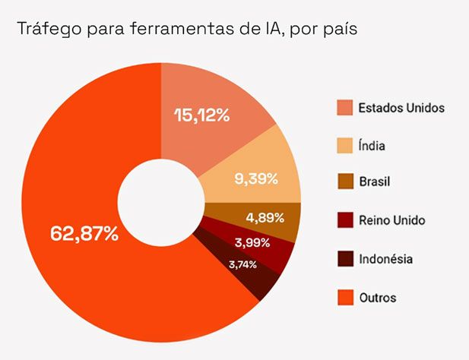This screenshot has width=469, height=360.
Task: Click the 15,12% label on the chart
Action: pyautogui.click(x=202, y=115)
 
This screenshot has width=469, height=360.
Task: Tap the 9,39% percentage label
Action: pyautogui.click(x=256, y=179)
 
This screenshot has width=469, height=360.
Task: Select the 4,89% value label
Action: pyautogui.click(x=265, y=218)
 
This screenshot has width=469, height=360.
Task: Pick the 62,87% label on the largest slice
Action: pyautogui.click(x=84, y=233)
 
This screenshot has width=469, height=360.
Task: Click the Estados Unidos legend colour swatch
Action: pyautogui.click(x=345, y=107)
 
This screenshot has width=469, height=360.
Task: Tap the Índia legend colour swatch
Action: pyautogui.click(x=345, y=145)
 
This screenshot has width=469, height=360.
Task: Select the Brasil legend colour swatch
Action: pyautogui.click(x=345, y=183)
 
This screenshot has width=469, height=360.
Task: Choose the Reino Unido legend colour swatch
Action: pyautogui.click(x=345, y=221)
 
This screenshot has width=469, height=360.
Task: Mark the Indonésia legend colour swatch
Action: pyautogui.click(x=345, y=259)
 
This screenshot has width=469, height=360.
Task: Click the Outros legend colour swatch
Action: pyautogui.click(x=345, y=297)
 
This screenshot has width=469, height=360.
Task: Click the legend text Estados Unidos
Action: pyautogui.click(x=401, y=107)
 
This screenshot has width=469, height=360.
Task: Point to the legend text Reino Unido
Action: pyautogui.click(x=391, y=221)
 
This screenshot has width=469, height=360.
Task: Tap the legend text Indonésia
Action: pyautogui.click(x=385, y=259)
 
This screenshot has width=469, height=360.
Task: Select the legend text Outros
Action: pyautogui.click(x=378, y=297)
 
